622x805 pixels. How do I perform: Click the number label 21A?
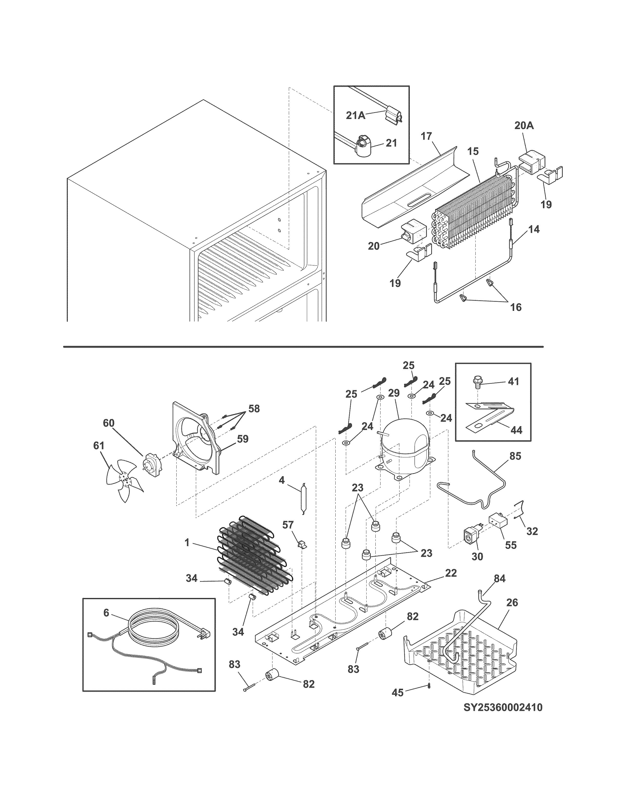[x=356, y=115]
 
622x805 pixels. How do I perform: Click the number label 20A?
[x=524, y=126]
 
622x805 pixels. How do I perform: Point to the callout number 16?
[x=516, y=307]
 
